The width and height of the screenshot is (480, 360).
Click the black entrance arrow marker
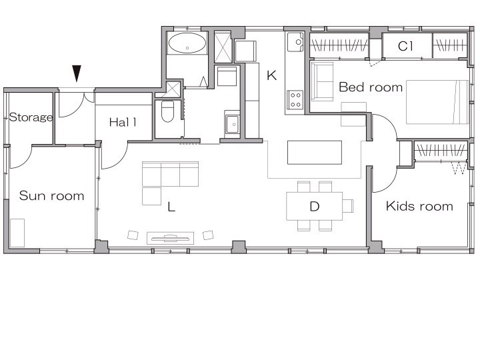77,73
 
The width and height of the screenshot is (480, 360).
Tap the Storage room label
31,117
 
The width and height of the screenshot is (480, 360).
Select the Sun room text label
51,195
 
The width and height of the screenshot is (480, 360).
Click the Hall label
123,123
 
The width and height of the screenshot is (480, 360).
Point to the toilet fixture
167,111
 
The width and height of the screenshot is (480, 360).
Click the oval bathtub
187,43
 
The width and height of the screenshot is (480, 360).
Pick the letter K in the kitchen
271,75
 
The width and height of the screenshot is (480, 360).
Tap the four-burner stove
295,100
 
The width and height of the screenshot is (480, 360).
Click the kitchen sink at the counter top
295,41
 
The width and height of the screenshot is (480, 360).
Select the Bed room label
371,87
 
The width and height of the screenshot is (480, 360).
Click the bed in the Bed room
437,102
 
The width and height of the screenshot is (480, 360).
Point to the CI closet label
405,46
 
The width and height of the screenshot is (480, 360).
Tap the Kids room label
419,206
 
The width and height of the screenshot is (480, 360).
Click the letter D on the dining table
315,207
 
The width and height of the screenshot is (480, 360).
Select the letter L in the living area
171,207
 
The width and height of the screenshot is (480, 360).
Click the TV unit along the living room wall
170,238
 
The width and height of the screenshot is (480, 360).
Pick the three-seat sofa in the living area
170,174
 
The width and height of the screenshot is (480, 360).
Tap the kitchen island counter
315,153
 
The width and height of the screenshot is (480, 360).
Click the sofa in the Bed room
322,81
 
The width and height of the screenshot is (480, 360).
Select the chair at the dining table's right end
348,206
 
